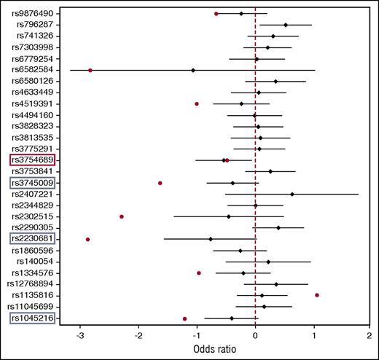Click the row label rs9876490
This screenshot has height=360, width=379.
(x=33, y=14)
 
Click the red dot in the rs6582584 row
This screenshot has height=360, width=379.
(x=90, y=71)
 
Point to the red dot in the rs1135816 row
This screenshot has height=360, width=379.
(x=317, y=295)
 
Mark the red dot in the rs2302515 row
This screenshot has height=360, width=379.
(x=122, y=216)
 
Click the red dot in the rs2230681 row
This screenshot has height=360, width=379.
(x=88, y=239)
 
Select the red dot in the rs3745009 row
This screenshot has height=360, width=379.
(x=160, y=183)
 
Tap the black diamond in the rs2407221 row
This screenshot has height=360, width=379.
(x=292, y=195)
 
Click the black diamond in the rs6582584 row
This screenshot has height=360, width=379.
(x=193, y=71)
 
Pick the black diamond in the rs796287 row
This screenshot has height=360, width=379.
(x=286, y=25)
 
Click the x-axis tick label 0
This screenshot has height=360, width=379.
(x=255, y=336)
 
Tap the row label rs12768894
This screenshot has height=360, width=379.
(x=30, y=284)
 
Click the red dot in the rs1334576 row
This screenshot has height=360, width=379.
(x=199, y=273)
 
